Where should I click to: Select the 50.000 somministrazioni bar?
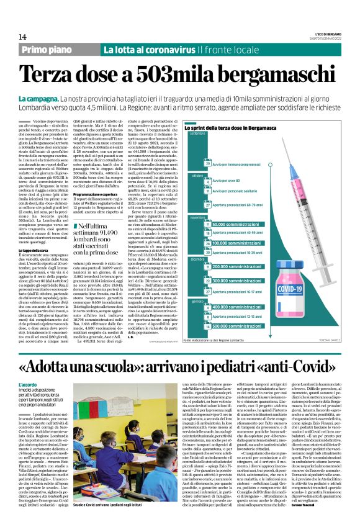tap(236, 224)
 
